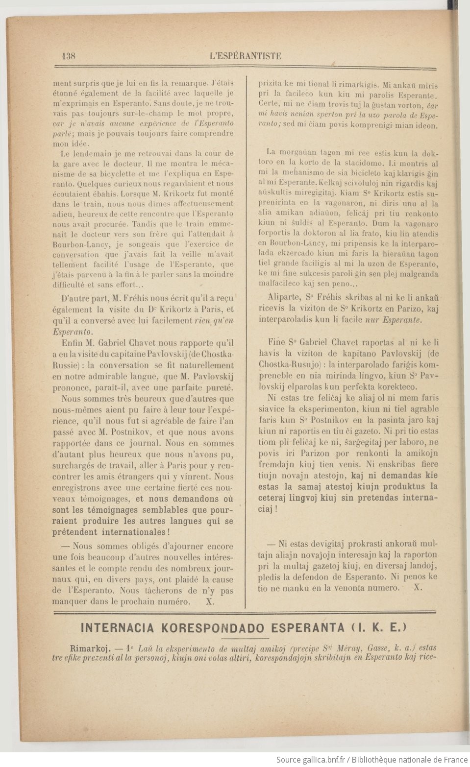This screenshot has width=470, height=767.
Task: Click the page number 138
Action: point(69,55)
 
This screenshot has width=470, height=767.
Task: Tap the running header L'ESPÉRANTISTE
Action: point(245,55)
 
